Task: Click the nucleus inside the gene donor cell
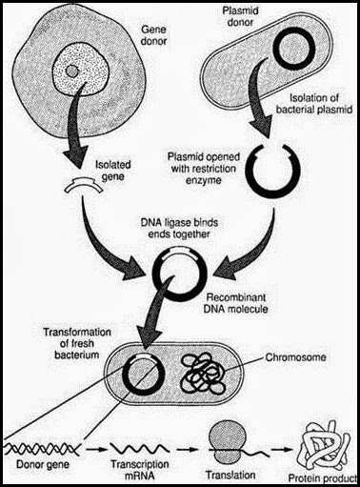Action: coord(71,74)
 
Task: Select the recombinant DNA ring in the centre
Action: coord(178,273)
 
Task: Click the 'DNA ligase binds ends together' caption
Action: coord(178,230)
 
